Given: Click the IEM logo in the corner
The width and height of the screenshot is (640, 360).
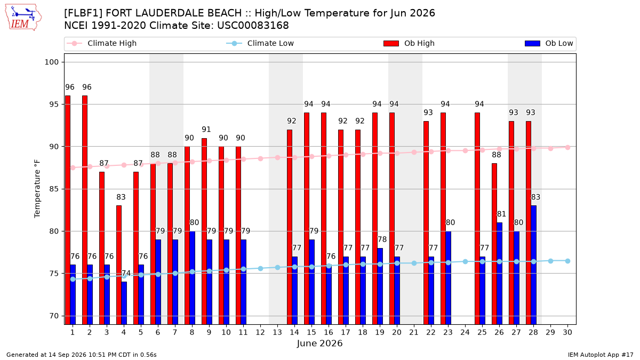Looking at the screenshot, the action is [x=23, y=18].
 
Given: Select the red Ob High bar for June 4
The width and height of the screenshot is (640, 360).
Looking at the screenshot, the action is [x=119, y=265].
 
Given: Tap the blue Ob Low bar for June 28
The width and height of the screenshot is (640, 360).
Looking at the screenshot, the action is [x=534, y=265].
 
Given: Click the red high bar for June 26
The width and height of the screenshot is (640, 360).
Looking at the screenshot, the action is [x=494, y=244].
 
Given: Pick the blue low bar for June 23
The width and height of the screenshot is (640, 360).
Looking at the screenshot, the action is [x=449, y=278].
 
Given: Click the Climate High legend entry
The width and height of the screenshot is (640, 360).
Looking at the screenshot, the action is [x=102, y=43].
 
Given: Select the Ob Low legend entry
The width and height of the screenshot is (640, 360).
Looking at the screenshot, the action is [x=549, y=43].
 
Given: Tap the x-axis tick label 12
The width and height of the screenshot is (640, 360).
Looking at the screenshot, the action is [x=260, y=332].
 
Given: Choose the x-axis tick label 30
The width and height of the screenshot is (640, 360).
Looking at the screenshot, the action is [x=567, y=332].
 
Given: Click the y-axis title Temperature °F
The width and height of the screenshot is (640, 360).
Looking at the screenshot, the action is [x=37, y=189].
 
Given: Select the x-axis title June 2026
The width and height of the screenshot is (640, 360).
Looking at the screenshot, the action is [x=319, y=343].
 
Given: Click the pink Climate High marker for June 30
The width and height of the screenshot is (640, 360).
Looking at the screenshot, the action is [x=567, y=147].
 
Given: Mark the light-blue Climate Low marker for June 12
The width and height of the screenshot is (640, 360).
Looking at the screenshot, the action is [x=260, y=269].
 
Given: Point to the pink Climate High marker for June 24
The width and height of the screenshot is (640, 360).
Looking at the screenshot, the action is [x=465, y=150].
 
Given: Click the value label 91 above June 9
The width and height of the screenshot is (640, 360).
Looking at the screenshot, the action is [x=206, y=130].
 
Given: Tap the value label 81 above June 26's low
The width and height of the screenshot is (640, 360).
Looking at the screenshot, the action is [x=501, y=214].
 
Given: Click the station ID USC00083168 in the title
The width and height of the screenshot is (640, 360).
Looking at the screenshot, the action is [x=253, y=26].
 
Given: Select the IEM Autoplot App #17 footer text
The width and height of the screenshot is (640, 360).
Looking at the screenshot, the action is [x=601, y=355].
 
